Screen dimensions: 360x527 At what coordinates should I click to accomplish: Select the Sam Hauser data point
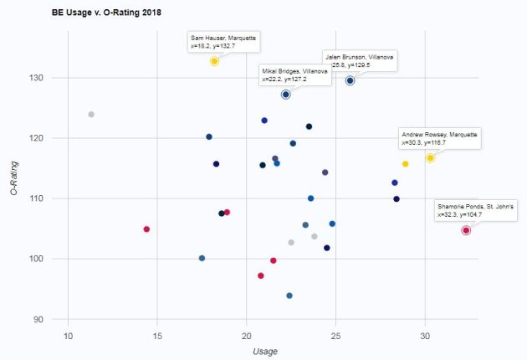(x=215, y=61)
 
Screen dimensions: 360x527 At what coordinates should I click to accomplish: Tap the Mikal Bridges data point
(x=286, y=95)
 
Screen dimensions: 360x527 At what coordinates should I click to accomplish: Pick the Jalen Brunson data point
(x=350, y=80)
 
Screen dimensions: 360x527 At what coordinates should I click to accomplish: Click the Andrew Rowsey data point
(x=430, y=157)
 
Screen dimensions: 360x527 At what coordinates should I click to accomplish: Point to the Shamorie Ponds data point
(x=466, y=230)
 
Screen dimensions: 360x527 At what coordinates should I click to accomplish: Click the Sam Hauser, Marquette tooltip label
(x=224, y=43)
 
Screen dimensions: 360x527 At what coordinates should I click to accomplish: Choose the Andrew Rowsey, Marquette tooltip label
(x=439, y=138)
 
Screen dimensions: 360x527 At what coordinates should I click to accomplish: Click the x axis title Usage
(x=265, y=352)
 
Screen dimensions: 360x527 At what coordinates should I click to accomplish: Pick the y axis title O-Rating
(x=14, y=180)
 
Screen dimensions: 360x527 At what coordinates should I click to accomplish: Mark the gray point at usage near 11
(x=91, y=115)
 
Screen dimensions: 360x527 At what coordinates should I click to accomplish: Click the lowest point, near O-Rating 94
(x=289, y=296)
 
